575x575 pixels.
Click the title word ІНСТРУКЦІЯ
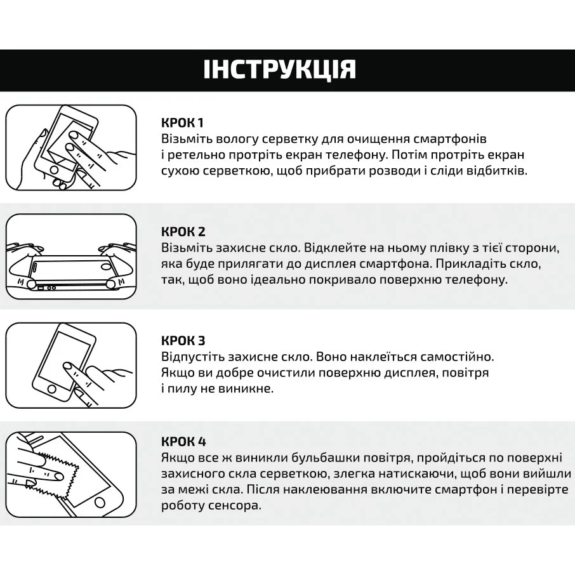click(280, 69)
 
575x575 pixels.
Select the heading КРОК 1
click(182, 122)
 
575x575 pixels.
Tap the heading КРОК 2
click(183, 232)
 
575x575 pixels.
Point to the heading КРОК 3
click(183, 341)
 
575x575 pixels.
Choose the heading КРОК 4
click(183, 441)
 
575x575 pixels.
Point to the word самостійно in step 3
click(447, 357)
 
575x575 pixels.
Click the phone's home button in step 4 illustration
click(99, 501)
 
